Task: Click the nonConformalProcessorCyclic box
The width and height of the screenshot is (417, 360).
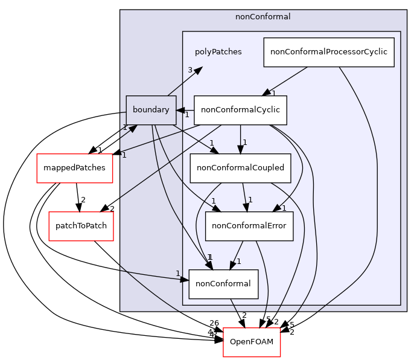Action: tap(329, 52)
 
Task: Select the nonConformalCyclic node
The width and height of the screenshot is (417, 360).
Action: tap(240, 110)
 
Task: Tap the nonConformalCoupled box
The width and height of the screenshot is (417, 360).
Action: tap(240, 169)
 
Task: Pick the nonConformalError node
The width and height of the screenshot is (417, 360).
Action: tap(249, 227)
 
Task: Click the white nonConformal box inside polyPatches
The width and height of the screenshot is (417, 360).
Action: tap(223, 284)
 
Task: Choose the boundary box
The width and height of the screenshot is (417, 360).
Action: tap(151, 110)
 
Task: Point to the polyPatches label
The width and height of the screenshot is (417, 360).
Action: tap(218, 52)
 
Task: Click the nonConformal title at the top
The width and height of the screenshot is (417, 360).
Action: tap(263, 17)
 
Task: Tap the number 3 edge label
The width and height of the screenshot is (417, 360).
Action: tap(189, 70)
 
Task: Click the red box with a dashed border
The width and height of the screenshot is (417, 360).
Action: tap(252, 342)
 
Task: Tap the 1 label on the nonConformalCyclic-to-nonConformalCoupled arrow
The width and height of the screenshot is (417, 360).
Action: tap(245, 143)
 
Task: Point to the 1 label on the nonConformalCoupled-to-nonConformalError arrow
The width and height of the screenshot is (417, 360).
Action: tap(250, 200)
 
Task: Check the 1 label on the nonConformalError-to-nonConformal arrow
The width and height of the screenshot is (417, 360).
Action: tap(239, 262)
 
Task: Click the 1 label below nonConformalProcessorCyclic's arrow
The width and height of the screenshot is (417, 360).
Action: tap(273, 93)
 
